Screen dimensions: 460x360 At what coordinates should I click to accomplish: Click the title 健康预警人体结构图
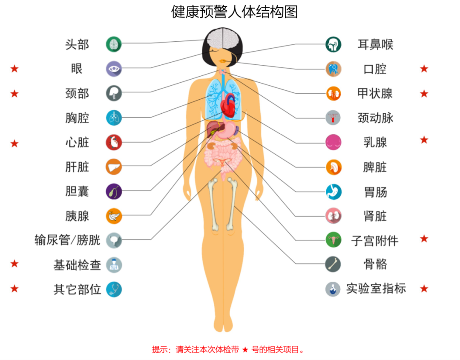(x=234, y=12)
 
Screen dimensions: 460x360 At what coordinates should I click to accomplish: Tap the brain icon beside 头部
(x=114, y=44)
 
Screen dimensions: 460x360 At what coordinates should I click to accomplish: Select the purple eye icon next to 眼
(x=114, y=69)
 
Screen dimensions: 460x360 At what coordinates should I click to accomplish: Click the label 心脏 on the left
(x=77, y=142)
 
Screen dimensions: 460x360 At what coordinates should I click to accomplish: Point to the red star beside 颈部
(x=14, y=93)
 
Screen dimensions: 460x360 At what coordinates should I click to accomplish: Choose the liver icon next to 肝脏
(x=114, y=167)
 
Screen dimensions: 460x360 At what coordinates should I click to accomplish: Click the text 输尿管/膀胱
(x=67, y=240)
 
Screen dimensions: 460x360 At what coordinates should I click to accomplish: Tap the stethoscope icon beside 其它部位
(x=114, y=289)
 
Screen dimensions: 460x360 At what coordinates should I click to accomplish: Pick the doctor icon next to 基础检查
(x=114, y=265)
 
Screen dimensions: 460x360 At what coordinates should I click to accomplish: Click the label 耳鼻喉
(x=375, y=44)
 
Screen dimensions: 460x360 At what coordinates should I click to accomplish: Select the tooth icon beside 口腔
(x=333, y=69)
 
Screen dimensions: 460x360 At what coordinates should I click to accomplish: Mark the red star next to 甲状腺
(x=424, y=93)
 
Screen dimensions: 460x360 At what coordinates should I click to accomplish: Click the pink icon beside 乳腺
(x=333, y=142)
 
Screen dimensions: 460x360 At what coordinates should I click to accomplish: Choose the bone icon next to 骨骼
(x=333, y=264)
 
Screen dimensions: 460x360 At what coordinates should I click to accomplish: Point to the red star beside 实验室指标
(x=424, y=289)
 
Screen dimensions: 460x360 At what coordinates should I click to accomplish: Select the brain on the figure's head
(x=225, y=38)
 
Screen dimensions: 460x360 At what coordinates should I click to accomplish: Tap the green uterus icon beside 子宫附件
(x=333, y=240)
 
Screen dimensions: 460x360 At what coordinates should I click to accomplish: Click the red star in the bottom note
(x=245, y=350)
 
